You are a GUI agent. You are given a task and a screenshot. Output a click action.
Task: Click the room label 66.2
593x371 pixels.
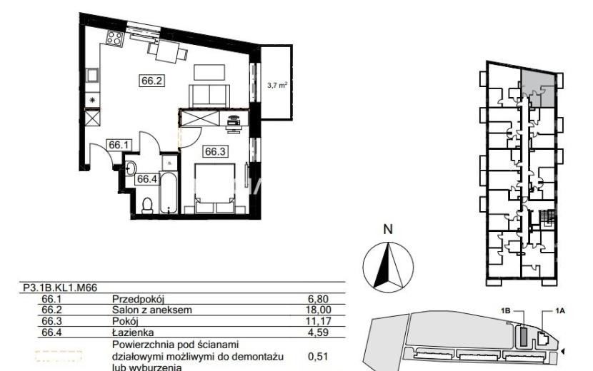click(x=152, y=81)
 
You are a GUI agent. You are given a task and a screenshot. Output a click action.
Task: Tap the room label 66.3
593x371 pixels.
click(x=215, y=151)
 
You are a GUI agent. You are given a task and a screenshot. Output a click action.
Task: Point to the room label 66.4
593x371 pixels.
click(x=146, y=178)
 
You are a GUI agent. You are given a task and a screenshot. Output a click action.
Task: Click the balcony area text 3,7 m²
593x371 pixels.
click(x=277, y=86)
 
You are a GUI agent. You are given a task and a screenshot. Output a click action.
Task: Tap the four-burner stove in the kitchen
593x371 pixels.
click(x=114, y=38)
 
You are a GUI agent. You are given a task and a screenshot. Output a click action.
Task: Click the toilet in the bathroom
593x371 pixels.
click(x=146, y=205)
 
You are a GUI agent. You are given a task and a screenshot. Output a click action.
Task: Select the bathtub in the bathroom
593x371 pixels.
click(x=169, y=193)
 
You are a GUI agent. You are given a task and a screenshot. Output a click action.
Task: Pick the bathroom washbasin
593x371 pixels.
click(x=131, y=168)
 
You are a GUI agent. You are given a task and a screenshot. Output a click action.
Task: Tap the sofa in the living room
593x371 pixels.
click(x=209, y=96)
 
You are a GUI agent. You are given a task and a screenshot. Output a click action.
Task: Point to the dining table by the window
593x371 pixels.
click(x=168, y=52)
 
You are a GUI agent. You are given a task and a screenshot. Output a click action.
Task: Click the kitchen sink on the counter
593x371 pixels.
click(x=92, y=75)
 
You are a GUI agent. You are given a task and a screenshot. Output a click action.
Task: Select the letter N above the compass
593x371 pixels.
click(x=388, y=229)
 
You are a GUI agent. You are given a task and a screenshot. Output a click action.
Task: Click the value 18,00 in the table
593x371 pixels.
click(x=319, y=310)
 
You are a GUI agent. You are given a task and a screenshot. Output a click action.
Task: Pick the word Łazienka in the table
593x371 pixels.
click(x=133, y=332)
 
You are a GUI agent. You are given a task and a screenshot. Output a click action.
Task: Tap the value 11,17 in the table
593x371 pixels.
click(x=319, y=322)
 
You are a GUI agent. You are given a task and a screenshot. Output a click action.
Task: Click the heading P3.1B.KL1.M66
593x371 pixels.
click(x=60, y=288)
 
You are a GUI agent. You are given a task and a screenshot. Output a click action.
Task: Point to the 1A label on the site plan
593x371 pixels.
click(x=560, y=311)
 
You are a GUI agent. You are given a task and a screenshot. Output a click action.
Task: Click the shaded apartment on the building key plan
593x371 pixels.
click(x=538, y=88)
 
